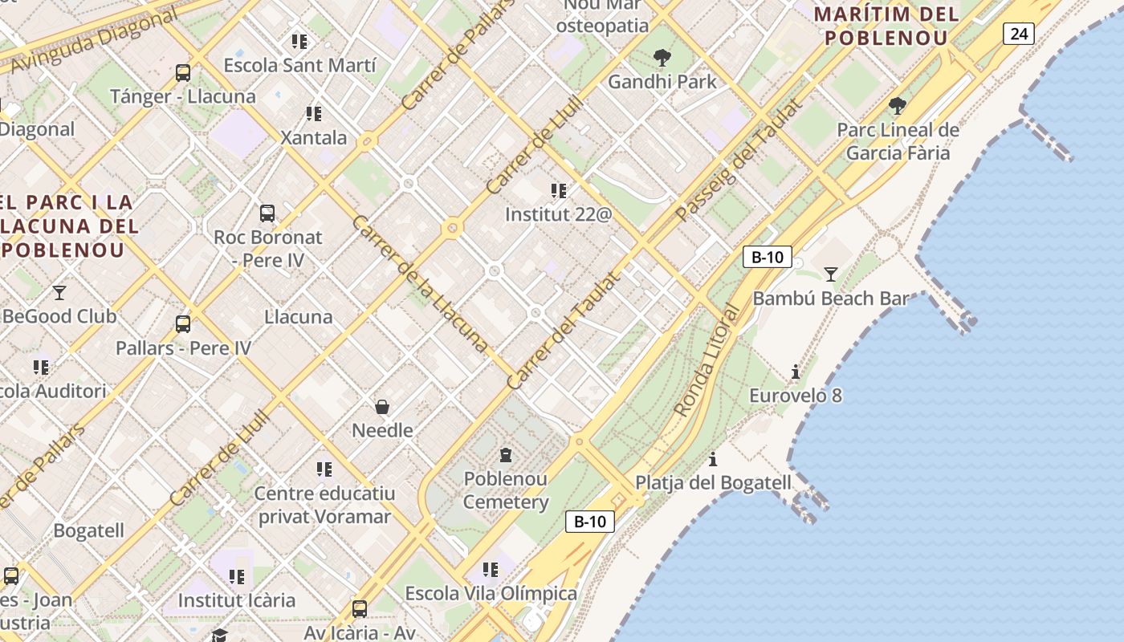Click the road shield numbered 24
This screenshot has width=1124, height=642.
[1018, 33]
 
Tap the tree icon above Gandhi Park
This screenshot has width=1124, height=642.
[662, 57]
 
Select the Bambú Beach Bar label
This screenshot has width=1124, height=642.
[831, 299]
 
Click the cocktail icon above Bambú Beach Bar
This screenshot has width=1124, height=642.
[831, 274]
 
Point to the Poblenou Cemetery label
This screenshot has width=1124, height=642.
[506, 490]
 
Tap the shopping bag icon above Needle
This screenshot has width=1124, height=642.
[382, 407]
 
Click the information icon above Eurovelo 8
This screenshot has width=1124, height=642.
[796, 372]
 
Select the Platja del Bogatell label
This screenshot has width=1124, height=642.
[713, 483]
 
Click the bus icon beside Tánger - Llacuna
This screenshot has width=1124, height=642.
[183, 73]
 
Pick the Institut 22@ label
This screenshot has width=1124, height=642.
[558, 214]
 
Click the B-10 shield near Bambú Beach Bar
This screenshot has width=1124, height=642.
[767, 257]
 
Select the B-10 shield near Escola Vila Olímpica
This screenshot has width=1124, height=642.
[590, 522]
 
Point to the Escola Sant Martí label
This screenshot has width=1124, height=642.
[299, 65]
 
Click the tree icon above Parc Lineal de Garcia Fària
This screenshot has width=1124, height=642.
[898, 105]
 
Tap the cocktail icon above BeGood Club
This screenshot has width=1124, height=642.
[59, 292]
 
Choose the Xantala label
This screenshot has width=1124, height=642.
[314, 137]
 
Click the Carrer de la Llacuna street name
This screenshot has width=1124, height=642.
[419, 284]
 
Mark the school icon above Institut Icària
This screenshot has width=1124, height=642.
[236, 576]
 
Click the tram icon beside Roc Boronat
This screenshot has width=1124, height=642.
[267, 213]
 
